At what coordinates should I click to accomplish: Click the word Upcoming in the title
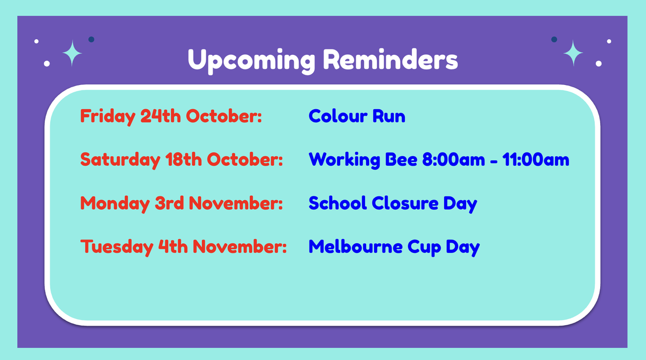(x=251, y=61)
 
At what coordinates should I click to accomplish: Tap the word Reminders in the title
(x=390, y=59)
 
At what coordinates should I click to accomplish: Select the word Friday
(x=108, y=117)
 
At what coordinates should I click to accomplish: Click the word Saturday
(x=120, y=160)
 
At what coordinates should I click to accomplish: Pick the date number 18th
(x=184, y=159)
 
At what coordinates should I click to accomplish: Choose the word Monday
(x=115, y=204)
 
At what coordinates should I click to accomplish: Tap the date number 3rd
(x=169, y=203)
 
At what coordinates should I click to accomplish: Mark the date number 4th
(x=173, y=246)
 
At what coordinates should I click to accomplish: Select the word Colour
(x=338, y=116)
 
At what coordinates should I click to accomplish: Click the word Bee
(x=401, y=159)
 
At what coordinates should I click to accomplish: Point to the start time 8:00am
(x=454, y=159)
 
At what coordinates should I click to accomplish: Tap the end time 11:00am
(x=536, y=159)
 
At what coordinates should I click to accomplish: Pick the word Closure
(x=405, y=203)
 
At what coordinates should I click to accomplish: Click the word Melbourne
(x=356, y=246)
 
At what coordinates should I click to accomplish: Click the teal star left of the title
(x=72, y=53)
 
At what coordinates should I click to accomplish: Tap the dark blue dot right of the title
(x=554, y=39)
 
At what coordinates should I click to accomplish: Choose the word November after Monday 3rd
(x=236, y=203)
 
